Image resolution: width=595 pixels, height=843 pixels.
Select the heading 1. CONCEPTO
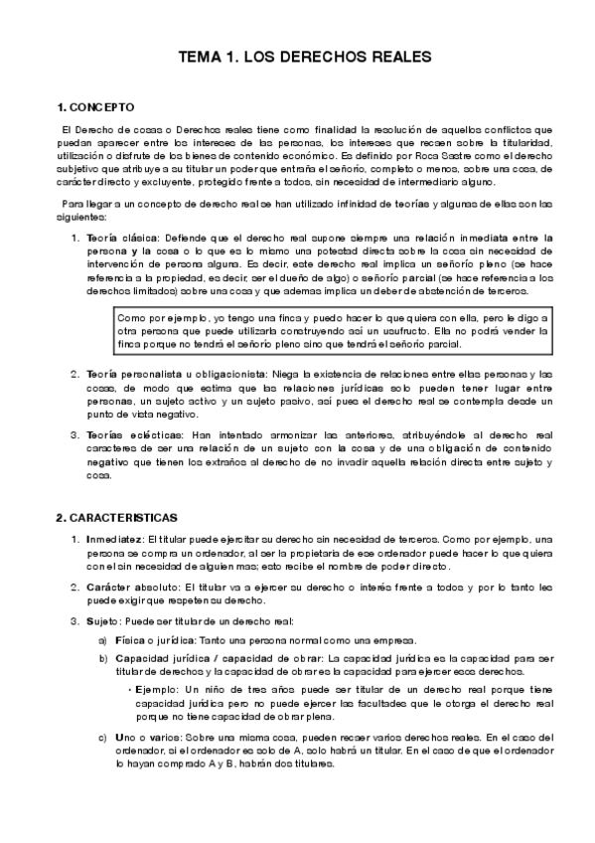click(x=92, y=106)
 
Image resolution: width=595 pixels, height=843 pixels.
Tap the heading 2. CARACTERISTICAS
click(x=117, y=518)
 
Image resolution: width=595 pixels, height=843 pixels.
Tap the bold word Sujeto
click(x=104, y=621)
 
